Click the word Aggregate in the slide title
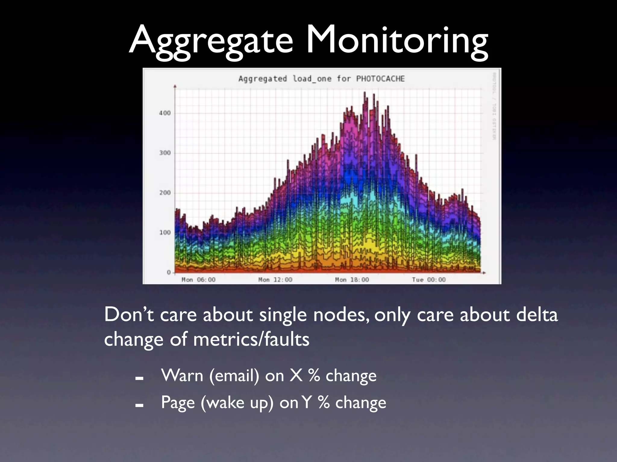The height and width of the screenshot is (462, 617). click(x=211, y=41)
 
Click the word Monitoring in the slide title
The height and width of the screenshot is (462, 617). click(x=397, y=41)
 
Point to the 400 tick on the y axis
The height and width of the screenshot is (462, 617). click(x=165, y=113)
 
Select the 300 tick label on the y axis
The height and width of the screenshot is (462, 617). click(x=165, y=153)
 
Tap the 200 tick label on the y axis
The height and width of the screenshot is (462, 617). click(x=165, y=192)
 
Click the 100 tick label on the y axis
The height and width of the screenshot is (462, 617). click(x=165, y=233)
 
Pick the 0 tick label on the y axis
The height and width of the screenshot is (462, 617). click(x=169, y=272)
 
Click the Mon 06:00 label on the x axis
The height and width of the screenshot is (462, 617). click(x=198, y=280)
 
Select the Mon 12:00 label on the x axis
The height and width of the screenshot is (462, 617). click(x=275, y=280)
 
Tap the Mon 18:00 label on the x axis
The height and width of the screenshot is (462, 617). click(x=352, y=280)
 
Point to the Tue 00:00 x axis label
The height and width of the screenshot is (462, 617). click(x=429, y=280)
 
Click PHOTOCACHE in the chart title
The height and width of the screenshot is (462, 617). click(x=380, y=79)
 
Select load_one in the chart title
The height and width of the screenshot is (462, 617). click(x=312, y=79)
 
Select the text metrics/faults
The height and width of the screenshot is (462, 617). click(x=251, y=339)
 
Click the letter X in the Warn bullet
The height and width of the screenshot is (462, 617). click(x=296, y=375)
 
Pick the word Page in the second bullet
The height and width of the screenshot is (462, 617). click(x=178, y=403)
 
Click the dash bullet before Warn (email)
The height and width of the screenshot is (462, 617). click(x=139, y=378)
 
